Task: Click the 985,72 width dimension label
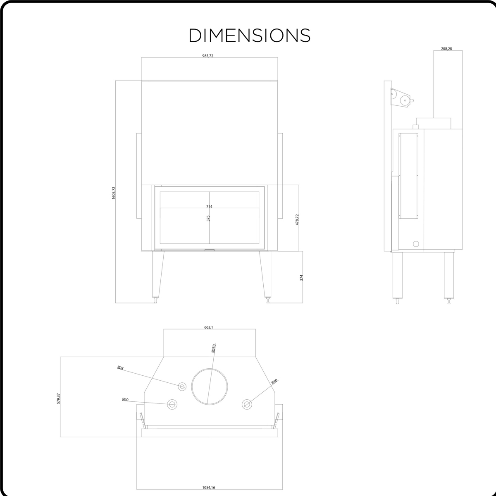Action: point(208,56)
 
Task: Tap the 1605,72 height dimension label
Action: point(114,193)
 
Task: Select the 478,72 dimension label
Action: point(297,219)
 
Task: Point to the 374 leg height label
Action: point(301,277)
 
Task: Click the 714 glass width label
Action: point(209,206)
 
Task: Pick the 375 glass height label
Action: point(208,218)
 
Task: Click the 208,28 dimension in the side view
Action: point(446,48)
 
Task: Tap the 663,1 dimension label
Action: point(208,327)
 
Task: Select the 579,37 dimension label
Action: point(58,398)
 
